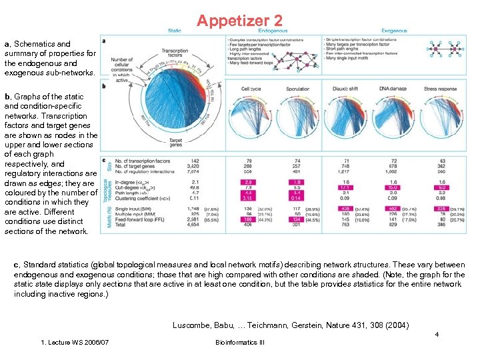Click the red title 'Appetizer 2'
(x=239, y=21)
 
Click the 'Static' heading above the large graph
(x=175, y=31)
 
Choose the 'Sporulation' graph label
(x=297, y=88)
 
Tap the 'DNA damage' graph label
(x=392, y=88)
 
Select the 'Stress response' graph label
(x=440, y=88)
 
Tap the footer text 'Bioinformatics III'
(x=239, y=342)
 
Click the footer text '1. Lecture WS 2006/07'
(x=75, y=342)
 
